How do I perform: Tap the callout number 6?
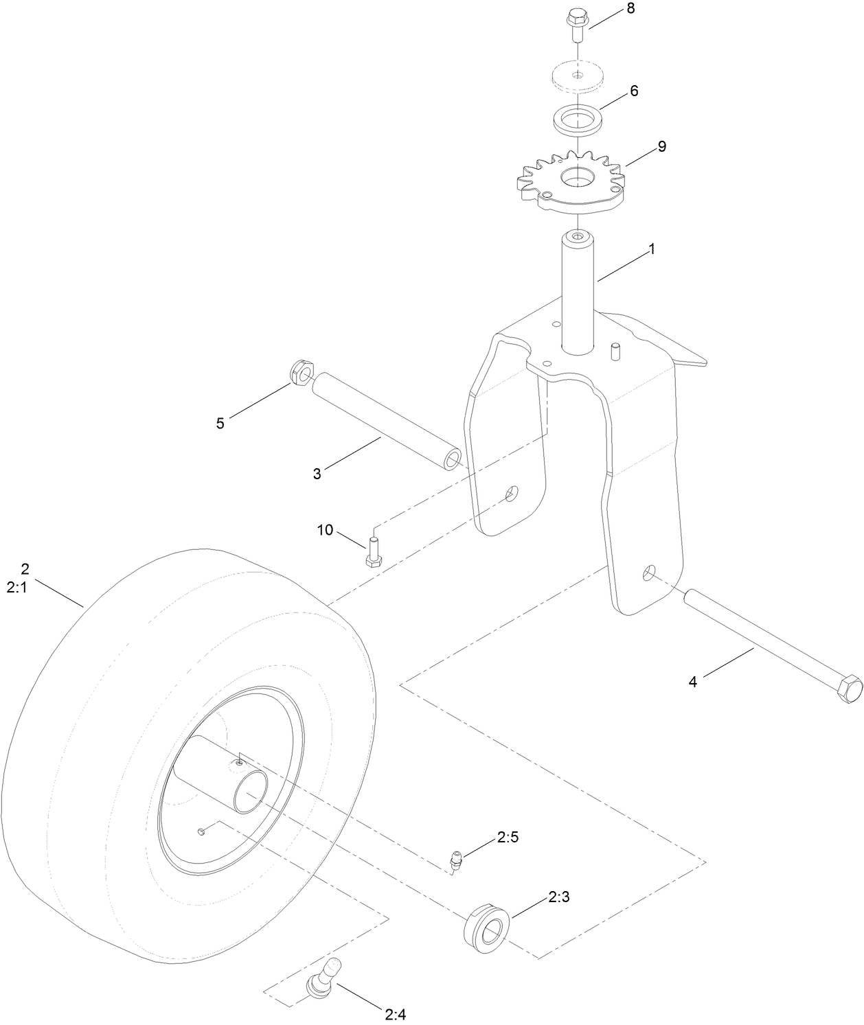click(x=633, y=91)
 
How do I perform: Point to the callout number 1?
click(x=651, y=249)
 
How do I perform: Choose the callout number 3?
click(x=317, y=473)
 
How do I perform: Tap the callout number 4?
click(x=693, y=682)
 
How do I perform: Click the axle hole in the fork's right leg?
click(x=649, y=573)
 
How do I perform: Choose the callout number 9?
click(x=661, y=146)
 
